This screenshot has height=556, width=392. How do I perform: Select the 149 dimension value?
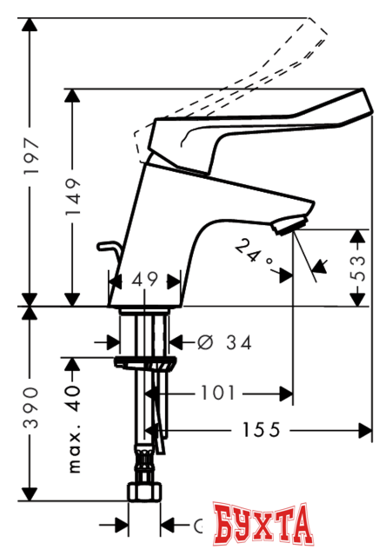pyautogui.click(x=73, y=201)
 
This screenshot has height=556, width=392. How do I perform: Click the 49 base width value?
pyautogui.click(x=145, y=281)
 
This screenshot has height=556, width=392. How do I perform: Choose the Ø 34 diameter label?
pyautogui.click(x=222, y=343)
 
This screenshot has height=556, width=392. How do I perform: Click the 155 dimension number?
pyautogui.click(x=259, y=429)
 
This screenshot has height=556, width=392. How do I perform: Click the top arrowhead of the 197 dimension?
pyautogui.click(x=31, y=23)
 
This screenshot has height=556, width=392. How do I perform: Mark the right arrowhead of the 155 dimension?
pyautogui.click(x=366, y=429)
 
